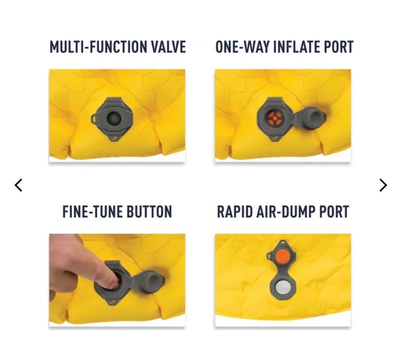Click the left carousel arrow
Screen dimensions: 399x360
click(x=18, y=185)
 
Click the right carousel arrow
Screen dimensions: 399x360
click(x=383, y=185)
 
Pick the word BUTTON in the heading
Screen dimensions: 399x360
click(x=149, y=212)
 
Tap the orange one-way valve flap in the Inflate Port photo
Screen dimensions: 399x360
click(x=275, y=118)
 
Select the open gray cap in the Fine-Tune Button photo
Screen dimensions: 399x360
click(x=151, y=282)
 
